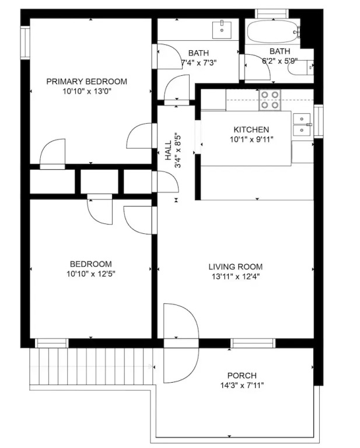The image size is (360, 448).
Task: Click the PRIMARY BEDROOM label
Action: [86, 82]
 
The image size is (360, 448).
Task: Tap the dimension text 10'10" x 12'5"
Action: [91, 274]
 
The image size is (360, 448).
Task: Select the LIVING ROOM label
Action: [235, 267]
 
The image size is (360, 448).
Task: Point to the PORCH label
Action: [242, 376]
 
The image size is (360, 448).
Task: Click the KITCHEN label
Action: [251, 129]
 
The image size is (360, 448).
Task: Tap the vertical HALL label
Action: [168, 150]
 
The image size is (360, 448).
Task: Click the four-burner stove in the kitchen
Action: [270, 100]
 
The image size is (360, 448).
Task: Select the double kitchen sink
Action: [302, 125]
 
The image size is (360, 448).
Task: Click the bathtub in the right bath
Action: [274, 32]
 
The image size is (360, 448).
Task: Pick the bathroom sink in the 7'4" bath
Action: [222, 30]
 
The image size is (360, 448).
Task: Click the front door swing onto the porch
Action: [181, 343]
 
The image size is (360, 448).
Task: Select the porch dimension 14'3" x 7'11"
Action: [242, 386]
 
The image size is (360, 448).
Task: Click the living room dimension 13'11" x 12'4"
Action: [236, 277]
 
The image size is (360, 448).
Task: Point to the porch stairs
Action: [92, 366]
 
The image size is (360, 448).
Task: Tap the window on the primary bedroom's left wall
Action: [25, 43]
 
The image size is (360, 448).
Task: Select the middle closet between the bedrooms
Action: [99, 181]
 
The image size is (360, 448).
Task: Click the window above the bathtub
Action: [272, 14]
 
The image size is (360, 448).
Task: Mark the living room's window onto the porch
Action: [253, 343]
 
